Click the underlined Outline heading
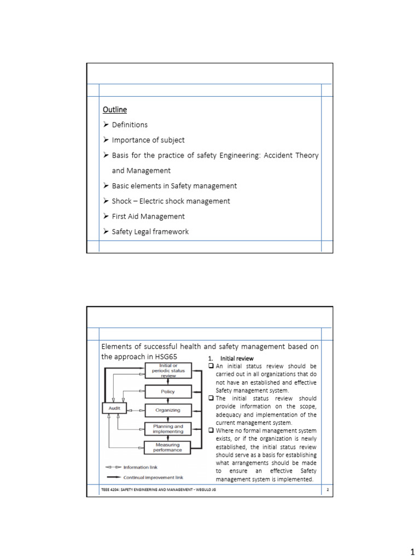[114, 109]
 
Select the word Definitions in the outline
[130, 125]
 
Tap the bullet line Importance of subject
[148, 140]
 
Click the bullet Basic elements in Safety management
[174, 186]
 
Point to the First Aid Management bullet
[148, 216]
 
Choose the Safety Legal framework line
[150, 231]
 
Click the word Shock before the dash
[121, 201]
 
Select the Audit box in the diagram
[114, 409]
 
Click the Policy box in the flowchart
[168, 392]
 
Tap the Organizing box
[168, 410]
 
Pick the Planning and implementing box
[168, 429]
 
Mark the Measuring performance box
[168, 447]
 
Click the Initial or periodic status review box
[168, 371]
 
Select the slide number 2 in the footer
[327, 490]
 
